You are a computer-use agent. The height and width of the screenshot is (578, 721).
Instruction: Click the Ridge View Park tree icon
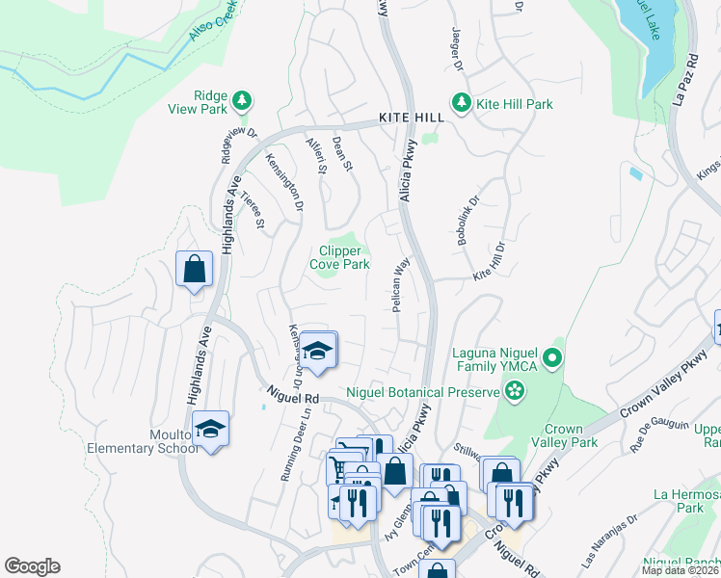pyautogui.click(x=241, y=100)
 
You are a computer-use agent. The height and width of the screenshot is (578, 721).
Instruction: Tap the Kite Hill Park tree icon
pyautogui.click(x=462, y=103)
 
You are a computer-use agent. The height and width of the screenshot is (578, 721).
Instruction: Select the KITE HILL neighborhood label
pyautogui.click(x=412, y=117)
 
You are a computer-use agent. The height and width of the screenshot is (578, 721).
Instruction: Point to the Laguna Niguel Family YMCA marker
pyautogui.click(x=552, y=359)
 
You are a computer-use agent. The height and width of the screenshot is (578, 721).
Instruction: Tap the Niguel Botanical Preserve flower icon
pyautogui.click(x=515, y=391)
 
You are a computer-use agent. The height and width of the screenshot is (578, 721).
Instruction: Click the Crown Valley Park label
pyautogui.click(x=571, y=435)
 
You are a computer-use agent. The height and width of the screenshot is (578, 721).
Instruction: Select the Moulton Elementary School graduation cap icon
pyautogui.click(x=210, y=429)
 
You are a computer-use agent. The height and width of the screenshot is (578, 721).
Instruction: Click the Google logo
pyautogui.click(x=33, y=566)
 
